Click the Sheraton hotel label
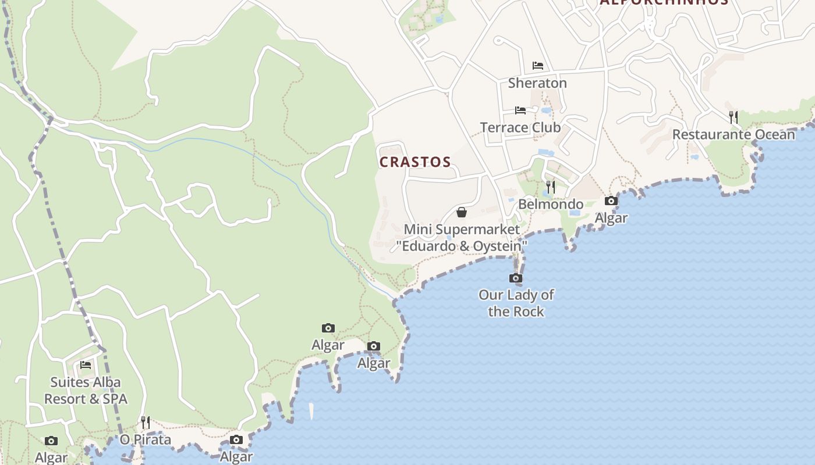click(x=537, y=83)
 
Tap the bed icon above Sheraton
click(x=537, y=66)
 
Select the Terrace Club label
click(x=520, y=127)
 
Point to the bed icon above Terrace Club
click(x=520, y=110)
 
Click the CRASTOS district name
click(x=415, y=162)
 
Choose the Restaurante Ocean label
click(x=733, y=135)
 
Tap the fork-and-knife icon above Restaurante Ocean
click(x=733, y=117)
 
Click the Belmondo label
click(x=550, y=204)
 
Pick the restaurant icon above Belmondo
click(x=550, y=187)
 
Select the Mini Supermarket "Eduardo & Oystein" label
click(x=462, y=238)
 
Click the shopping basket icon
click(x=462, y=212)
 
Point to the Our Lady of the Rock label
click(x=516, y=303)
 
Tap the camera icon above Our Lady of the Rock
click(x=516, y=278)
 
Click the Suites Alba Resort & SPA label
click(x=86, y=391)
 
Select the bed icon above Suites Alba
click(x=86, y=365)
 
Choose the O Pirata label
click(x=146, y=439)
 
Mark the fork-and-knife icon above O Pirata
click(x=146, y=422)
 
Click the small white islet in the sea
click(x=311, y=411)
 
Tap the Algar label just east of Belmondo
click(x=611, y=218)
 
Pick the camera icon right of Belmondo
click(x=611, y=201)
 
